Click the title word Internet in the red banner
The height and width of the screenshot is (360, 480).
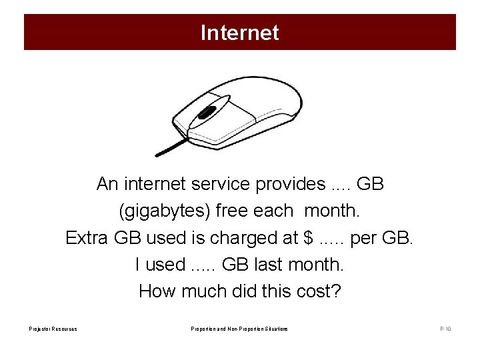(x=239, y=33)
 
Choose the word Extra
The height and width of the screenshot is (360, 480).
(x=87, y=237)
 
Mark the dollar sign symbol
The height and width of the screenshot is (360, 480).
(x=307, y=237)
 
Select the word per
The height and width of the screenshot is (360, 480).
(x=364, y=238)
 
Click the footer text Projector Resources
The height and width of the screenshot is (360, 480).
(x=53, y=329)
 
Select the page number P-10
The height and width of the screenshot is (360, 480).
(x=445, y=329)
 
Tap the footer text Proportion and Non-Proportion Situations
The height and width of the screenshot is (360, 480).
(x=239, y=329)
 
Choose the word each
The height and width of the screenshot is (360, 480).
(x=273, y=211)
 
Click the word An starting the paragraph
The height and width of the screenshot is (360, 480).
(x=107, y=183)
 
